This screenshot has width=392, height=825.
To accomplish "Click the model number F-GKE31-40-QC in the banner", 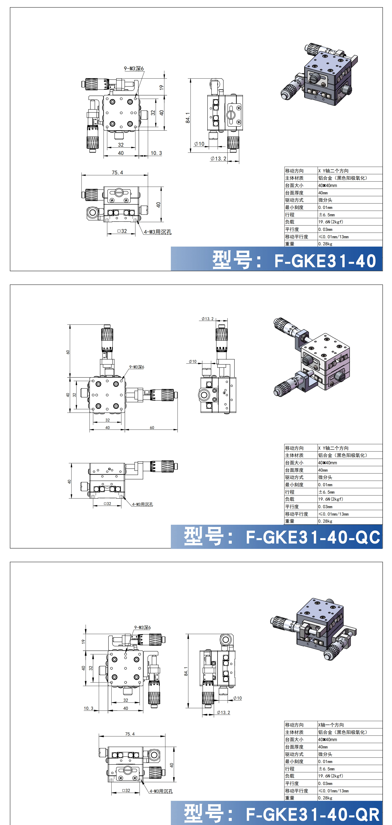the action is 313,537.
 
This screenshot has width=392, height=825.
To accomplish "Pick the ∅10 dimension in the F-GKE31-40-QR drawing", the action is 237,698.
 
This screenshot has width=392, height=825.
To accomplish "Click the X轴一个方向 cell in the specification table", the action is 331,725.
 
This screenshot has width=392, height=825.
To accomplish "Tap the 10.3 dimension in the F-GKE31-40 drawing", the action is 156,153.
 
